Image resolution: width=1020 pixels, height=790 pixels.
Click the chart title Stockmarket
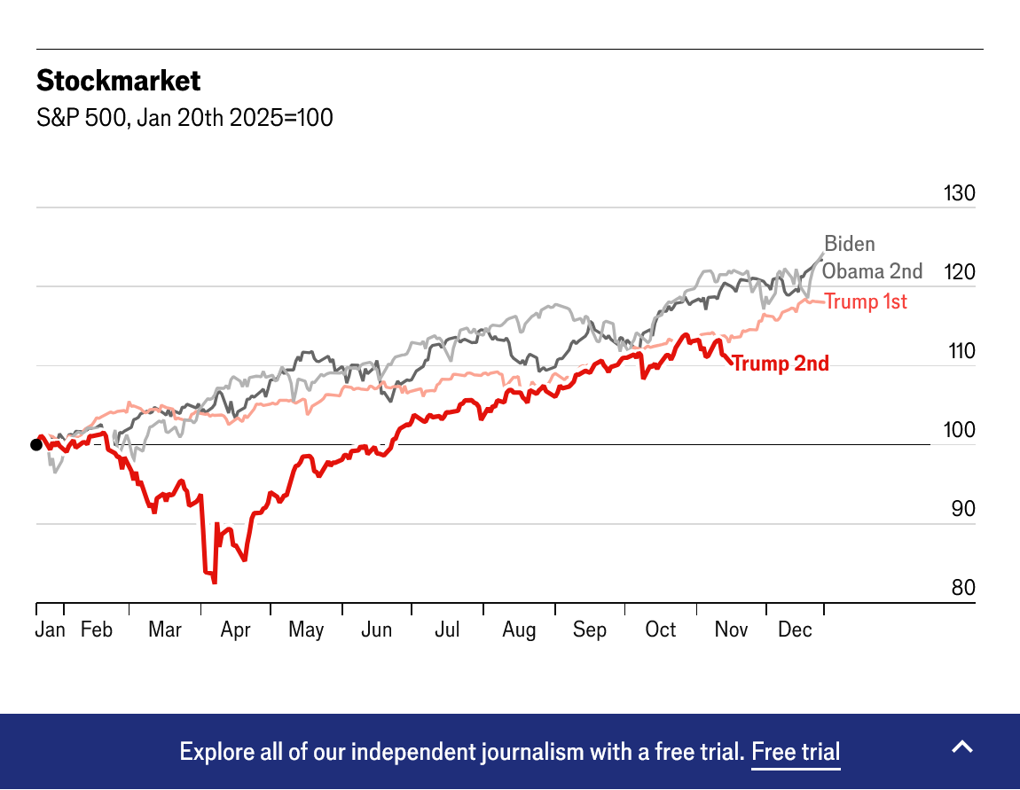click(x=118, y=82)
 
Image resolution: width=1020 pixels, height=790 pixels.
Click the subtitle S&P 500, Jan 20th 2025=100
click(x=184, y=118)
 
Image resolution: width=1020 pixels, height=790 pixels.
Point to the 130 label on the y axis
click(x=960, y=193)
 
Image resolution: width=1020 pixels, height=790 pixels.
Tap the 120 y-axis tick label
click(x=960, y=272)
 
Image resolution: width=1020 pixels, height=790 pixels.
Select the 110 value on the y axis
click(x=960, y=351)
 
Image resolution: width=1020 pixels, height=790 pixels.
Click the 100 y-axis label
click(x=960, y=430)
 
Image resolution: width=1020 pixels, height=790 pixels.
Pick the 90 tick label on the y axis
click(x=961, y=509)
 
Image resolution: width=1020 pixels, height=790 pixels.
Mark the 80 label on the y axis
click(x=961, y=588)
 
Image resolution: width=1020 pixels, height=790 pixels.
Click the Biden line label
click(x=850, y=244)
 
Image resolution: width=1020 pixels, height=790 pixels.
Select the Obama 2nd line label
click(x=872, y=271)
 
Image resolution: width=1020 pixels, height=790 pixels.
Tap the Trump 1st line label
click(x=866, y=301)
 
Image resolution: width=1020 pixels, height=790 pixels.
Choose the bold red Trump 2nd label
click(x=781, y=364)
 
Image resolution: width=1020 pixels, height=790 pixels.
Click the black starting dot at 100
click(x=36, y=445)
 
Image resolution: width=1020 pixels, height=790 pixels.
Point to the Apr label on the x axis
click(x=236, y=630)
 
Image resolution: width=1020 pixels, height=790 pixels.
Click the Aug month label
click(x=519, y=630)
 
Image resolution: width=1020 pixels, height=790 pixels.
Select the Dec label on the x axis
click(x=795, y=630)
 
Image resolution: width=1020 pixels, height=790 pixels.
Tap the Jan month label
click(x=51, y=630)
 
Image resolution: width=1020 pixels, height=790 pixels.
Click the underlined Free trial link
click(x=796, y=752)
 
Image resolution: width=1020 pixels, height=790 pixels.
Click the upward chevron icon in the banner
click(x=962, y=747)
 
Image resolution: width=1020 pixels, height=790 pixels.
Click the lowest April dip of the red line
click(x=215, y=582)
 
